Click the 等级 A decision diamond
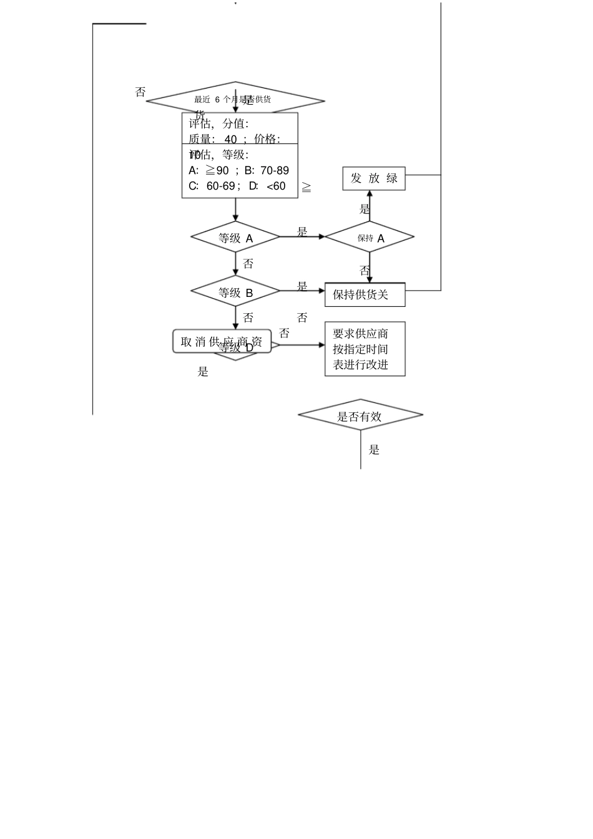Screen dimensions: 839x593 [x=235, y=237]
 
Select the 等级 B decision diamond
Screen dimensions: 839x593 [x=235, y=291]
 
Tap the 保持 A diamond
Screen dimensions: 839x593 [x=370, y=237]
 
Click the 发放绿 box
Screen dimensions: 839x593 [x=374, y=178]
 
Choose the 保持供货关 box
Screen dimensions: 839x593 [x=365, y=294]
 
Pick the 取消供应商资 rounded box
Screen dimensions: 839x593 [x=222, y=341]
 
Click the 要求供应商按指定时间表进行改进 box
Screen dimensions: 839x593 [x=365, y=349]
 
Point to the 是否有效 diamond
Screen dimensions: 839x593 [x=360, y=415]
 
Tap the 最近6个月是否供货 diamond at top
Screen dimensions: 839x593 [x=235, y=100]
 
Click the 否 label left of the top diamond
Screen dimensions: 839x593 [x=140, y=92]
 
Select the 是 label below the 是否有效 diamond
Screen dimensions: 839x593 [x=374, y=450]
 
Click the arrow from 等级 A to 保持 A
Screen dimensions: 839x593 [x=302, y=237]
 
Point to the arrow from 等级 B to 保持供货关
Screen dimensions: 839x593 [x=302, y=291]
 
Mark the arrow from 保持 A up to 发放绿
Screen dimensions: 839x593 [x=370, y=206]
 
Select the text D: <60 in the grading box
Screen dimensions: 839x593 [x=267, y=186]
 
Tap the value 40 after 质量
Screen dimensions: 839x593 [x=230, y=139]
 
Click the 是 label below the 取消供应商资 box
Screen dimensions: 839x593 [x=203, y=372]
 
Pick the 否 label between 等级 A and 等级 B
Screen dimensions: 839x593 [x=248, y=264]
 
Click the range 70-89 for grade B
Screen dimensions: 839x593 [x=275, y=170]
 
